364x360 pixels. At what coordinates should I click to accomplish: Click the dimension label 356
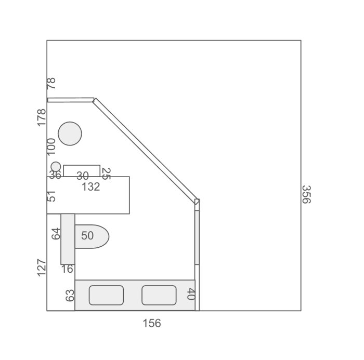pos(306,194)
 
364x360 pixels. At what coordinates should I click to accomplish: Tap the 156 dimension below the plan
pos(152,323)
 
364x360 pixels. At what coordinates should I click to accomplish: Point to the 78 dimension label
pos(51,83)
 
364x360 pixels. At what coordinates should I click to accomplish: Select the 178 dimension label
pos(42,117)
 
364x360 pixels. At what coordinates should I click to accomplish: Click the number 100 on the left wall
pos(51,146)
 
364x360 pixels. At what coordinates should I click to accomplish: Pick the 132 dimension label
pos(91,186)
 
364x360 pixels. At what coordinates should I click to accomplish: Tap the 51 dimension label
pos(51,196)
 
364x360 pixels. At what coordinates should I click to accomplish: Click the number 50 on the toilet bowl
pos(87,236)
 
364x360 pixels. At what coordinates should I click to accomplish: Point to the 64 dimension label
pos(56,234)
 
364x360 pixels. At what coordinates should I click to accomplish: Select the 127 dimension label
pos(42,268)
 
